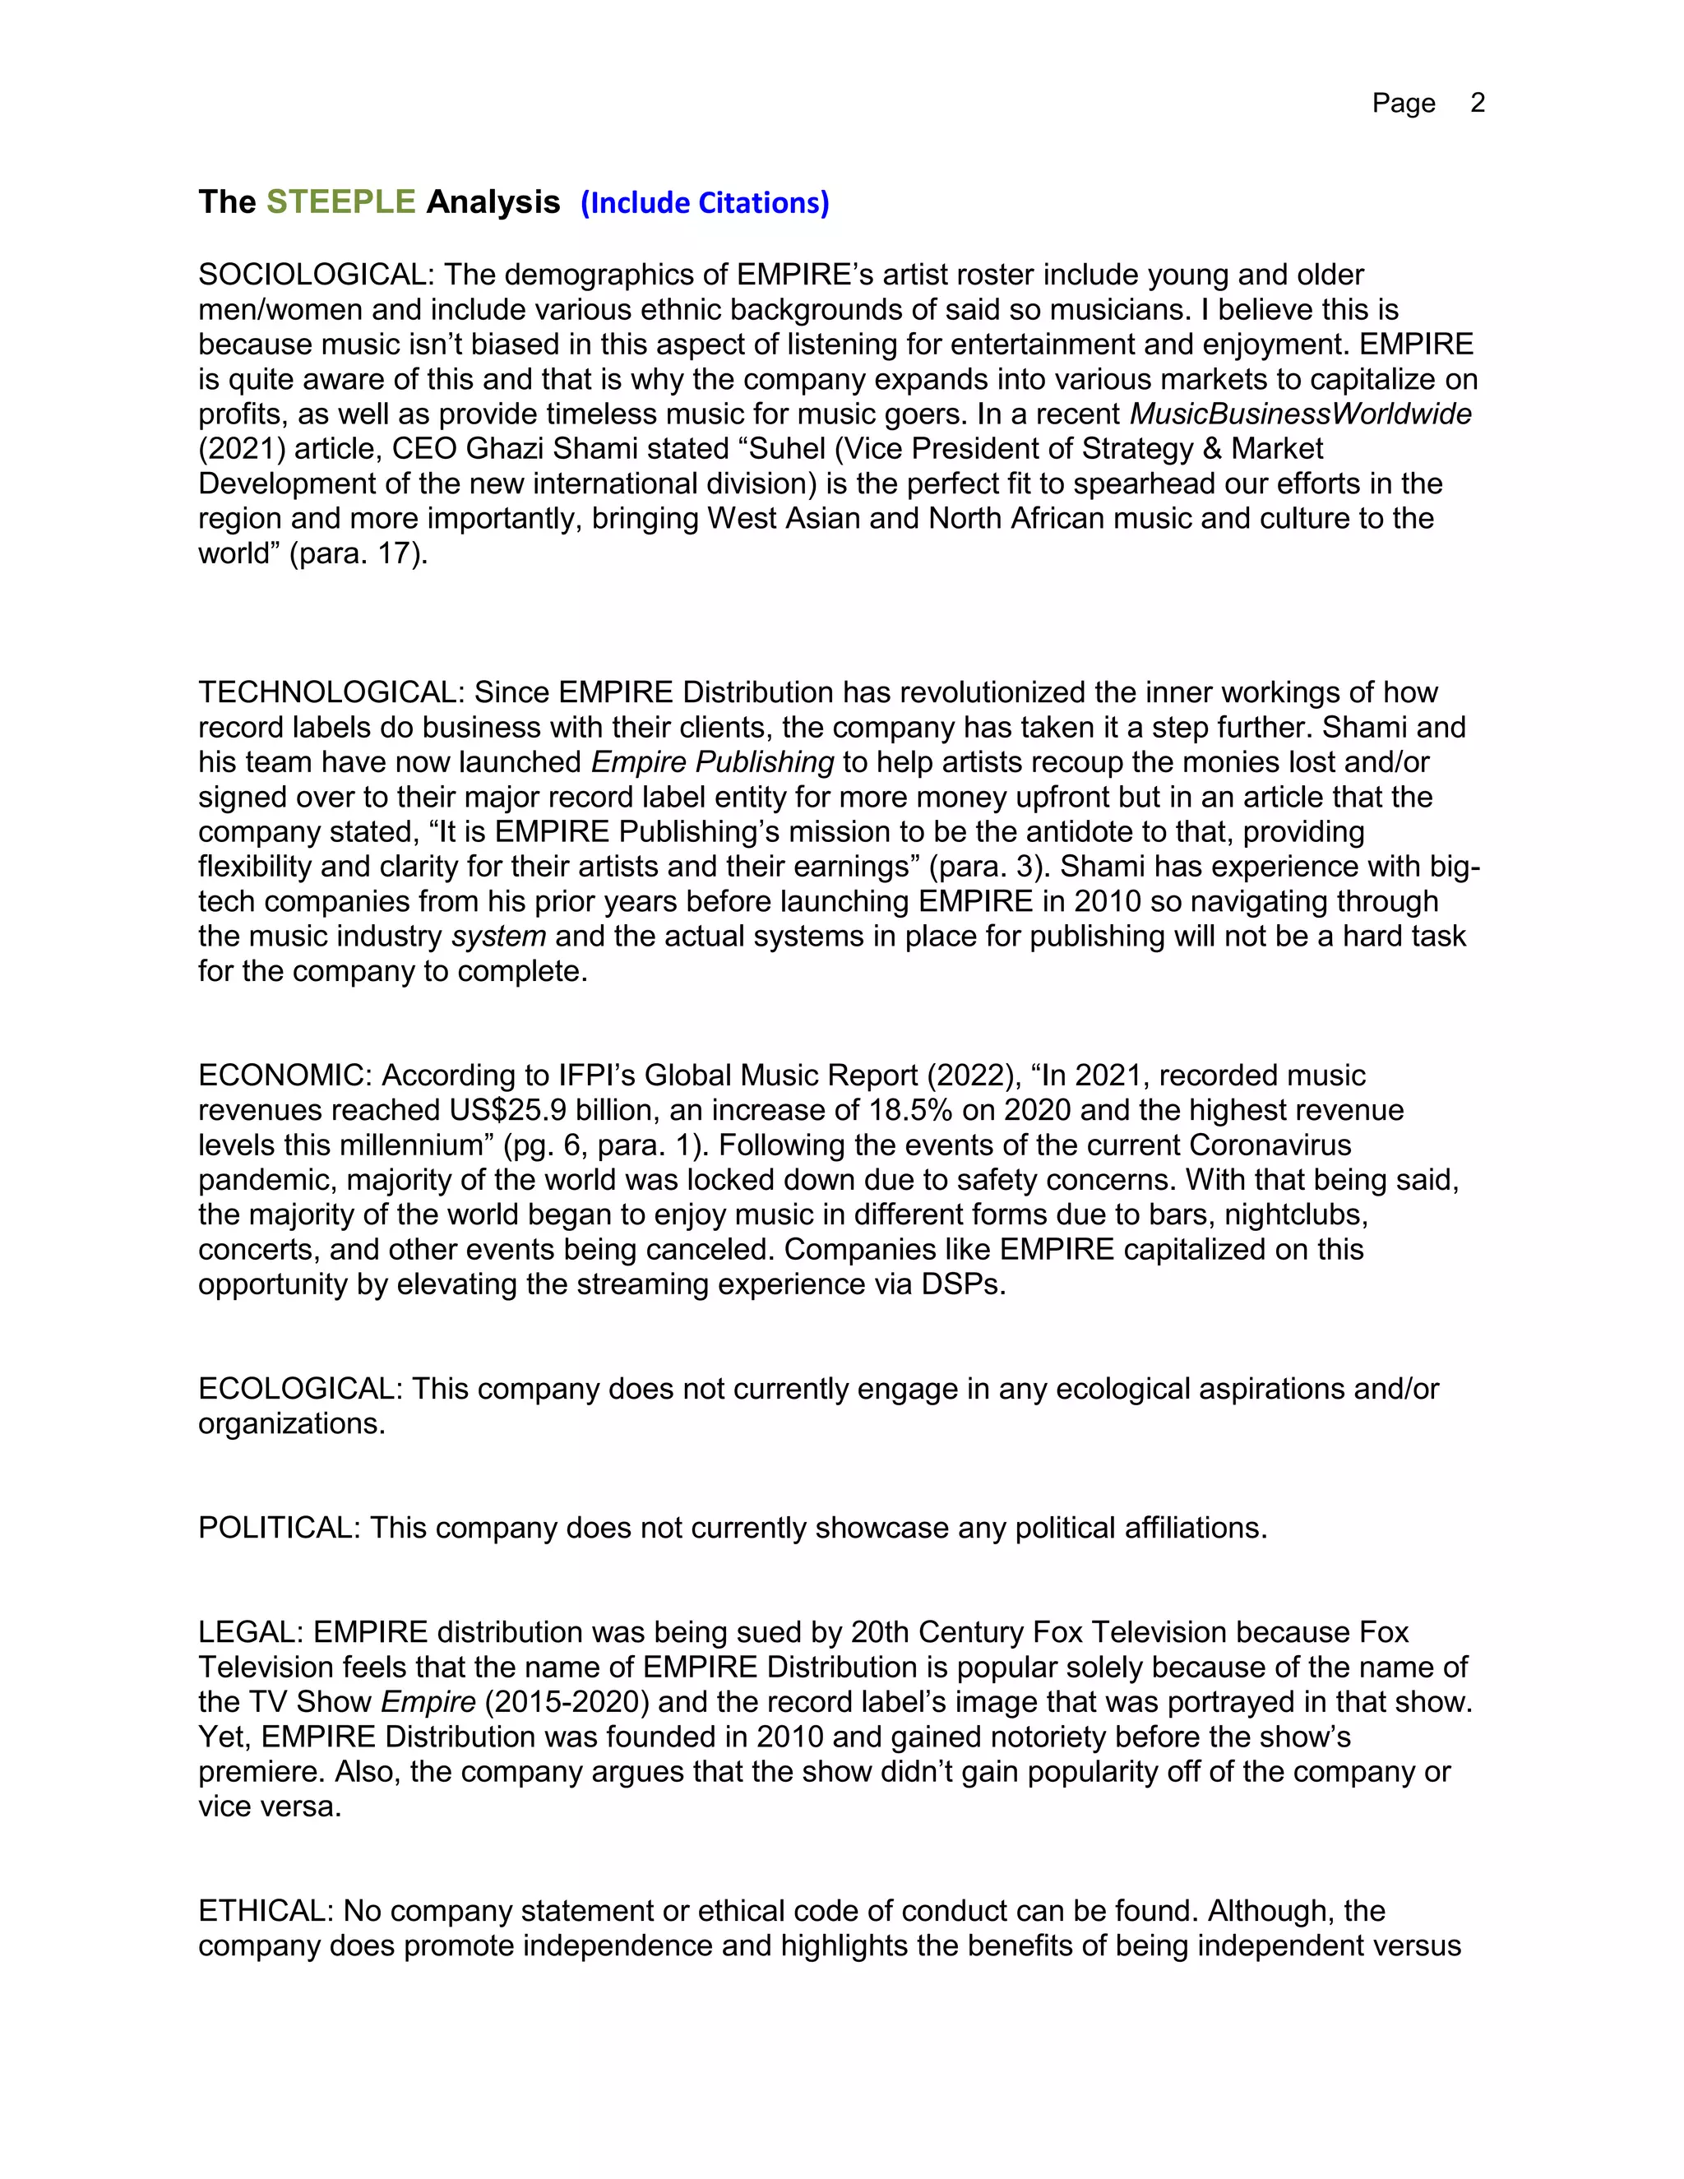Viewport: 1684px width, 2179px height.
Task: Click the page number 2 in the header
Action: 1478,103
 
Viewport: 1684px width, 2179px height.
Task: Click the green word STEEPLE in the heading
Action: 340,201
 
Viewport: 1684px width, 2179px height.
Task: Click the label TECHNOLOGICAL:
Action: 331,692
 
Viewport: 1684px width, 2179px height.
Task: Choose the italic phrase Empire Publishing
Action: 712,762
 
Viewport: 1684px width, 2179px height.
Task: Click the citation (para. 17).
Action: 359,553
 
